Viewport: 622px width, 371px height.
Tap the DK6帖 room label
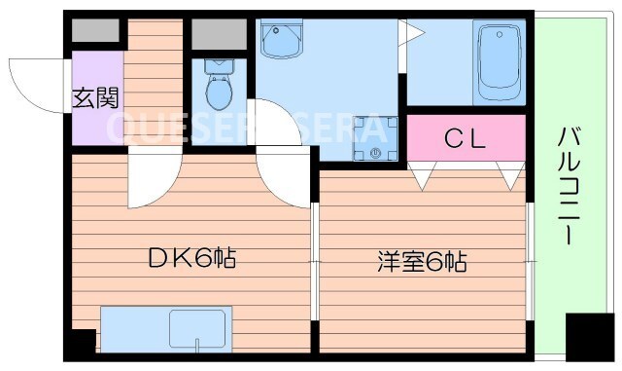[191, 259]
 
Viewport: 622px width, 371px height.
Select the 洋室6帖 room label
[422, 262]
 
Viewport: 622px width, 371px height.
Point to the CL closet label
[464, 139]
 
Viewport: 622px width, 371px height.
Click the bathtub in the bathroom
[500, 62]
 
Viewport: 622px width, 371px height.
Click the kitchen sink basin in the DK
[200, 328]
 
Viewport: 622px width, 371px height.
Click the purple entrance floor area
[96, 97]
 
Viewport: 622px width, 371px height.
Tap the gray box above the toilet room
[219, 34]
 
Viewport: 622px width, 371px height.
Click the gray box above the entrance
[94, 30]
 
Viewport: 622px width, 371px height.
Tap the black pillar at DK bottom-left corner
[82, 342]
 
